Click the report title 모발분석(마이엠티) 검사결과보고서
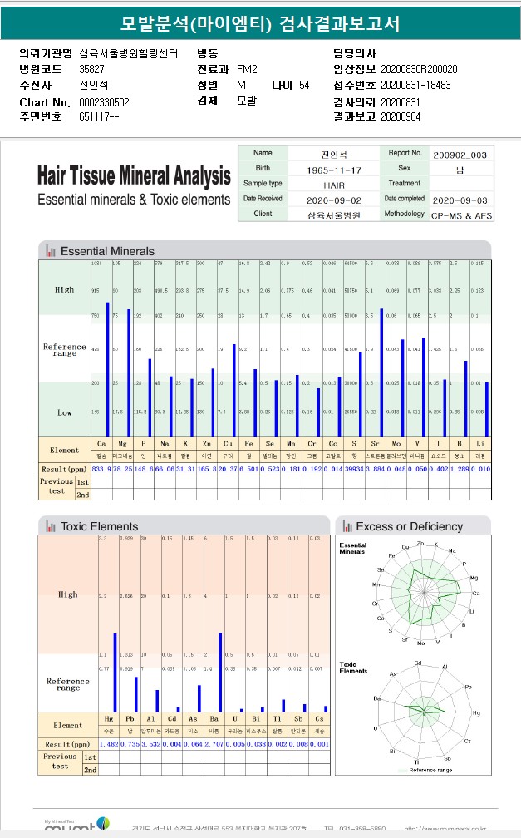[260, 24]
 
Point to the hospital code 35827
[92, 68]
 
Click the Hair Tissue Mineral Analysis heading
[134, 176]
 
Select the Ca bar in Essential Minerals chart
[107, 370]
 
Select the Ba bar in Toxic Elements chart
[220, 673]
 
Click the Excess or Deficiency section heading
[409, 526]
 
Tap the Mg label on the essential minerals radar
[474, 578]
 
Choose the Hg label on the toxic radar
[476, 712]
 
